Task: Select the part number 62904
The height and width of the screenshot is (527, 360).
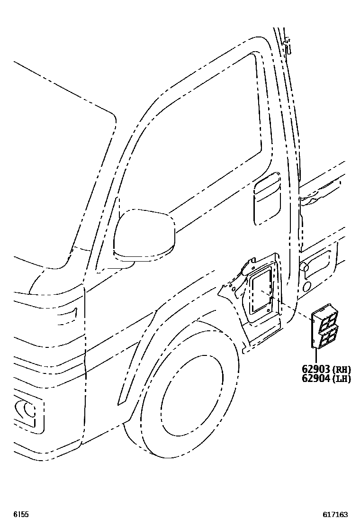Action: [315, 379]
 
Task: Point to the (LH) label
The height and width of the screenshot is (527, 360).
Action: [342, 379]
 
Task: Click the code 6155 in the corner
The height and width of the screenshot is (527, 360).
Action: [20, 514]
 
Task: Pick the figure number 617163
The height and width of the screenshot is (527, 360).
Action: [335, 514]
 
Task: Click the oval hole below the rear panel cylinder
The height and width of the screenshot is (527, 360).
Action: [306, 286]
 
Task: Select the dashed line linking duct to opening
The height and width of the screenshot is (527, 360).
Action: [291, 310]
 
